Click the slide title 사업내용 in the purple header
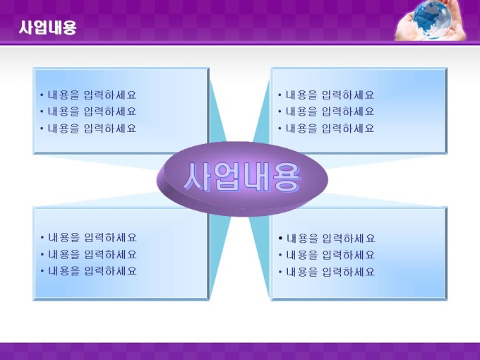(47, 28)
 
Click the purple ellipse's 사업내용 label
(242, 177)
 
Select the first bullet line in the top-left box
(88, 95)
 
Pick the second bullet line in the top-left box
(88, 112)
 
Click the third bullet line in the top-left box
(88, 128)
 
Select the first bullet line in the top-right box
(326, 95)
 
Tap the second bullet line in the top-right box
(326, 112)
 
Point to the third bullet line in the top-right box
(326, 128)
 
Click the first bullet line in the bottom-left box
(88, 238)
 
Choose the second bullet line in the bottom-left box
(88, 255)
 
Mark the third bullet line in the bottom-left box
(88, 271)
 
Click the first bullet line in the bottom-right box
(327, 239)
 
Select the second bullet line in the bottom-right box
(327, 256)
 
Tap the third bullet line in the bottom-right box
(327, 272)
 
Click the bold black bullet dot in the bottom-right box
(280, 238)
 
